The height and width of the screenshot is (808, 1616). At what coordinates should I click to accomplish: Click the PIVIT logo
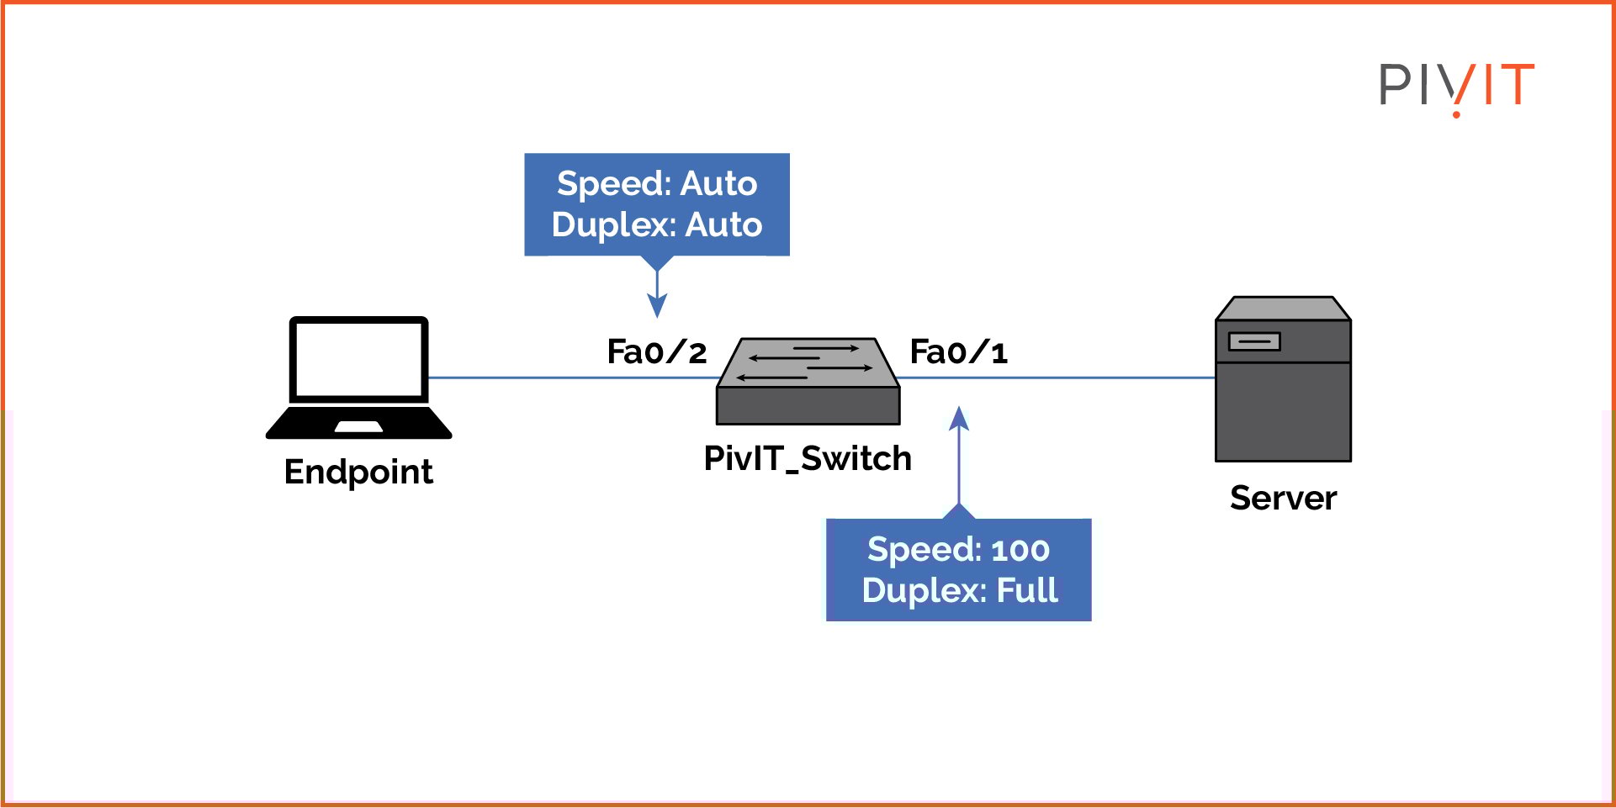coord(1456,85)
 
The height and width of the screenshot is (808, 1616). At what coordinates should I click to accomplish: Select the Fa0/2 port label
coord(656,352)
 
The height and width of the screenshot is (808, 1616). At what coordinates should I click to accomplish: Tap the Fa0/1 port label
coord(958,352)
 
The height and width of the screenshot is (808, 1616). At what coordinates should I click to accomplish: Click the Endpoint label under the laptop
coord(358,472)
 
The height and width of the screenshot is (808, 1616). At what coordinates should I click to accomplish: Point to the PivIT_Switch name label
coord(808,459)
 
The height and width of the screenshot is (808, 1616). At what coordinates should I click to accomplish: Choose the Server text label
coord(1283,498)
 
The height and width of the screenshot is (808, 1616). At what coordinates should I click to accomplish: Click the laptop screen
coord(359,360)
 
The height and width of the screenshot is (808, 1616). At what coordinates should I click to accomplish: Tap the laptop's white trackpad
coord(358,427)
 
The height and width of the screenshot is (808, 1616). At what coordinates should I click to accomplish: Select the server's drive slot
coord(1254,341)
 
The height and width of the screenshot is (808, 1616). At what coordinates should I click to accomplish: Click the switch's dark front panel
coord(808,406)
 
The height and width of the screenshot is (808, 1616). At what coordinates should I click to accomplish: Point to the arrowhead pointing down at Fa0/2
coord(657,306)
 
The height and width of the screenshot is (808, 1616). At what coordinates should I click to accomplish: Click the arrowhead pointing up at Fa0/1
coord(959,418)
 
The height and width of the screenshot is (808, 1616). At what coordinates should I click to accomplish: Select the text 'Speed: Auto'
coord(657,183)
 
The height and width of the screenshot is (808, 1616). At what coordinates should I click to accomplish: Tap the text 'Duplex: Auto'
coord(657,224)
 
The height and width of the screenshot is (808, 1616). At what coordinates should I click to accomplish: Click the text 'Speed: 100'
coord(958,550)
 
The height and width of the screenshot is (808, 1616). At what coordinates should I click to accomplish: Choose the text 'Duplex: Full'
coord(959,590)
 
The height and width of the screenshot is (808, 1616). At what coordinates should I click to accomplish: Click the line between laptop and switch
coord(572,378)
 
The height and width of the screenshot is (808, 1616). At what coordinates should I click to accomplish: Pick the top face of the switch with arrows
coord(808,362)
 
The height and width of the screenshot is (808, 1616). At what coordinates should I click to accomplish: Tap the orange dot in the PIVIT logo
coord(1456,114)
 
